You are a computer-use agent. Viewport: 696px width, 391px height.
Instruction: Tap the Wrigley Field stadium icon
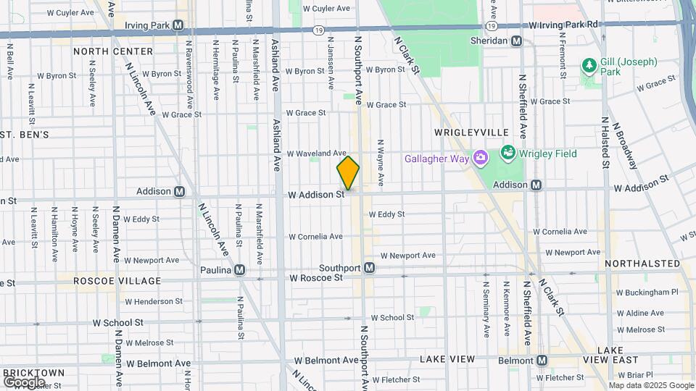[x=507, y=154]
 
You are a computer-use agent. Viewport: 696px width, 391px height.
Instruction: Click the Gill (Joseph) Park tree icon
[x=589, y=66]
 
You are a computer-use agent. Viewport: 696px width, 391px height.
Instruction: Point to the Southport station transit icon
[x=369, y=268]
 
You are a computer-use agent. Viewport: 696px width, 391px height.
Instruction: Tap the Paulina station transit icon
[x=239, y=270]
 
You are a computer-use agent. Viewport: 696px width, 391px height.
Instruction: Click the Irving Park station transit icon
[x=178, y=25]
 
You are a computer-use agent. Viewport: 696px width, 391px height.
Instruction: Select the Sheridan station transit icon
[x=516, y=41]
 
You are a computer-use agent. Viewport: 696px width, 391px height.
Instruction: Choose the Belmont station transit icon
[x=542, y=360]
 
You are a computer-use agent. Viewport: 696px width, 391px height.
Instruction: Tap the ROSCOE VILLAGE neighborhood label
[x=117, y=280]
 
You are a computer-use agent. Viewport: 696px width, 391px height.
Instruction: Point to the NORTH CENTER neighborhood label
[x=113, y=51]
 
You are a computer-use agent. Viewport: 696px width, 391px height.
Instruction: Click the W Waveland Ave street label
[x=317, y=154]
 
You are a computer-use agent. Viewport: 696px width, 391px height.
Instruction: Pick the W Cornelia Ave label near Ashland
[x=315, y=237]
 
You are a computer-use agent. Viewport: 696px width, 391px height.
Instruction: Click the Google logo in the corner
[x=24, y=382]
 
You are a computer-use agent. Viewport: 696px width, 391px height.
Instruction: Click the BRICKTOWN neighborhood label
[x=34, y=372]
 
